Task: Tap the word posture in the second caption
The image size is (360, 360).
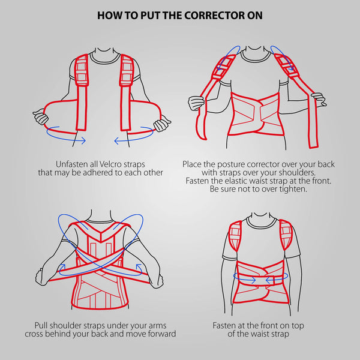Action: (230, 164)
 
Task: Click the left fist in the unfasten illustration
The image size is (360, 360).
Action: (41, 116)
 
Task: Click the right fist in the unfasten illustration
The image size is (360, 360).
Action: (163, 124)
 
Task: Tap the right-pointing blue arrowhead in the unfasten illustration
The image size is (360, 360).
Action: (83, 140)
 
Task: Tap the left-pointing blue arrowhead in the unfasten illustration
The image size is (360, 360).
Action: (118, 140)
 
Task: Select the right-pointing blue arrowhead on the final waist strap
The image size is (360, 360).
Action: (253, 280)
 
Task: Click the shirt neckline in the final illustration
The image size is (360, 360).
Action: (261, 222)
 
